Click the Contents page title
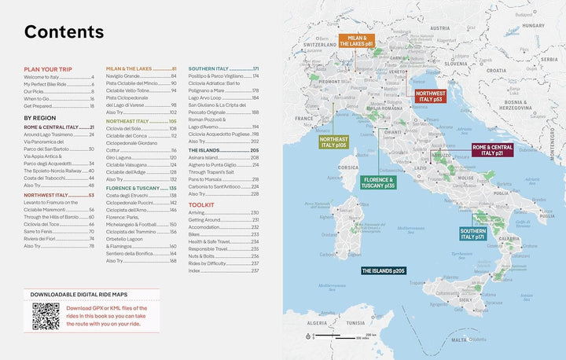[64, 32]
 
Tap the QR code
[46, 316]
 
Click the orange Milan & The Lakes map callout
[355, 42]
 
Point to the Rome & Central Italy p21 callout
[492, 150]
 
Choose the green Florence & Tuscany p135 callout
[378, 182]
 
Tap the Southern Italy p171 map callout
[473, 233]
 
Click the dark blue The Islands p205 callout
[383, 271]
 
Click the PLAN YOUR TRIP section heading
[49, 69]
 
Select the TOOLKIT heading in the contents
[202, 204]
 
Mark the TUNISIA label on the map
[355, 322]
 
